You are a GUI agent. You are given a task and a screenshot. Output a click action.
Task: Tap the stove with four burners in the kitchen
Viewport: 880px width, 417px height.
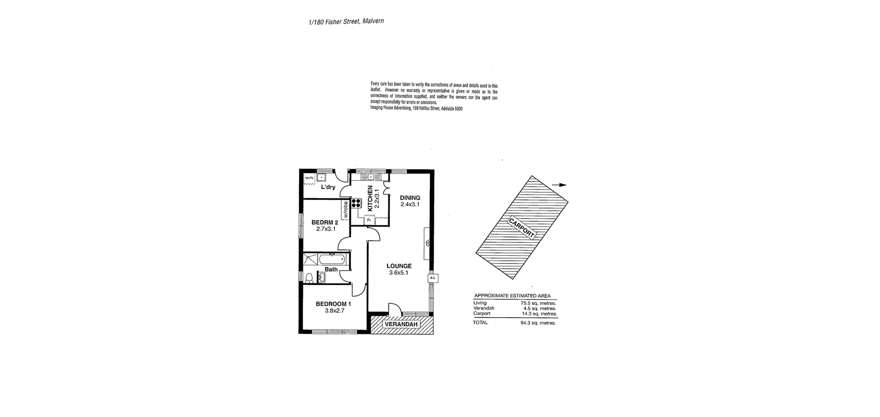tap(356, 203)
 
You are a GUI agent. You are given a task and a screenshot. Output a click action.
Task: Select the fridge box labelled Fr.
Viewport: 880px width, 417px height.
tap(369, 220)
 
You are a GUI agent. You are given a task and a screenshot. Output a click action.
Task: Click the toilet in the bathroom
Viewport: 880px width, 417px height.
tap(309, 278)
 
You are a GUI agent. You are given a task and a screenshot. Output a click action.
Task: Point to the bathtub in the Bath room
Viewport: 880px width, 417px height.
tap(331, 260)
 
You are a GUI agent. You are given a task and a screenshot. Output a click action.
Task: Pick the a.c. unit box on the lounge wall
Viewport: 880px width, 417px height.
tap(433, 278)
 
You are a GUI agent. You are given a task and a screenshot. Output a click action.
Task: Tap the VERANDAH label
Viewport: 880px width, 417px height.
tap(401, 324)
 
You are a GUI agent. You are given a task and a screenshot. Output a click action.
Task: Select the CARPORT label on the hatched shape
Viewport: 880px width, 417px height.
tap(521, 227)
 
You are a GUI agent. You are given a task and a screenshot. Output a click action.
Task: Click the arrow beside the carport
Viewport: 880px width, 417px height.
tap(559, 185)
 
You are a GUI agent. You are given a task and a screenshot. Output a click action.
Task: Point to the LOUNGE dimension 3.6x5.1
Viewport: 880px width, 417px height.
tap(399, 273)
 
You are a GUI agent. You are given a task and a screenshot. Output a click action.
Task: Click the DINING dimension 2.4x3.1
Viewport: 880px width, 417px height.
tap(410, 204)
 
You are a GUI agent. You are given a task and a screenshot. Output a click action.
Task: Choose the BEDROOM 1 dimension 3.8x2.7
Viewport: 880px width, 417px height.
tap(335, 311)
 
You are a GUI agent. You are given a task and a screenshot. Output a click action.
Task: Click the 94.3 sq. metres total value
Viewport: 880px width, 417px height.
tap(538, 323)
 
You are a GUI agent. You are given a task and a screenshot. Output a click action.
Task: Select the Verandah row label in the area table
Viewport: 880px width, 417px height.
tap(484, 308)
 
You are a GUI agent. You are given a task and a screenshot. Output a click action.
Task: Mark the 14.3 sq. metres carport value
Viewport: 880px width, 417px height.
tap(539, 314)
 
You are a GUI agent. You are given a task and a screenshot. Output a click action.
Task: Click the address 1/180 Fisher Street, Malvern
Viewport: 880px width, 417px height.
tap(346, 22)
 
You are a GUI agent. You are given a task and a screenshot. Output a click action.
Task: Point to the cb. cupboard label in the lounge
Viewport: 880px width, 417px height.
tap(428, 243)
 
